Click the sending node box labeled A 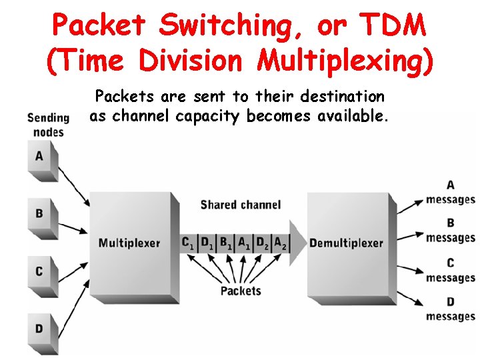point(40,157)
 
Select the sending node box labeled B point(40,215)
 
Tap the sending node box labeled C point(40,272)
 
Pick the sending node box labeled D point(40,329)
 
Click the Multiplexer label point(129,243)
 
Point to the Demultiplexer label point(346,243)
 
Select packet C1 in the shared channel point(189,243)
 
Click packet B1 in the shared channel point(226,243)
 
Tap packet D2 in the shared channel point(262,243)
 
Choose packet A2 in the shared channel point(280,243)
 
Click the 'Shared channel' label point(240,205)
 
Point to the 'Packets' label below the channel point(241,291)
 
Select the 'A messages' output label point(451,193)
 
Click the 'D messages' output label point(451,309)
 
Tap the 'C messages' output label point(451,271)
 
